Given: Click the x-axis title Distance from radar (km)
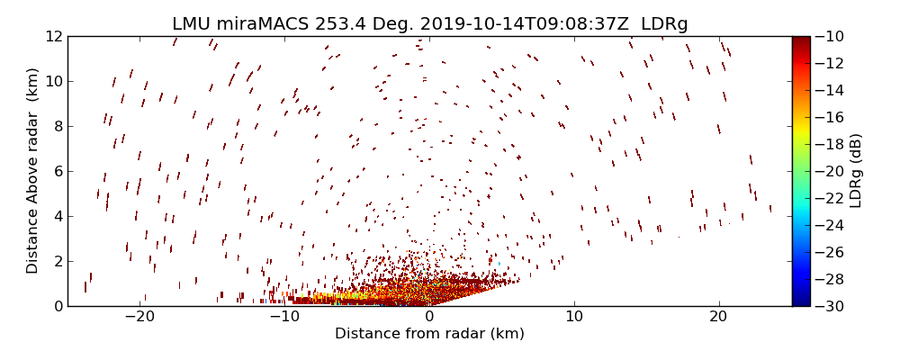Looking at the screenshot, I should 429,334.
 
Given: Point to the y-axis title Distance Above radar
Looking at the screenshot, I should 32,171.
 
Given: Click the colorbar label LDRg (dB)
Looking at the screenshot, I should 856,171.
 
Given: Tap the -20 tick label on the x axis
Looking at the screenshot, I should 139,317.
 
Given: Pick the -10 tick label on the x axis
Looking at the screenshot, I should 284,317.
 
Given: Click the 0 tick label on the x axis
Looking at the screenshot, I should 429,317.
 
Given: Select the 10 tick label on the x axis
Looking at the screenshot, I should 574,317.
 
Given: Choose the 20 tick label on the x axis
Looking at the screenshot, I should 718,317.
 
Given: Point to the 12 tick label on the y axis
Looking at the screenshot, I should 52,36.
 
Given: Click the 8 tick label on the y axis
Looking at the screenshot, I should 56,126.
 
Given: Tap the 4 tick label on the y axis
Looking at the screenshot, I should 56,216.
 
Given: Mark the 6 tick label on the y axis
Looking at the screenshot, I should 56,171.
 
